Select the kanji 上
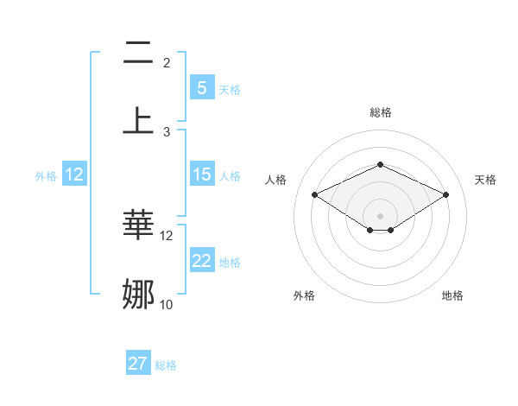(139, 120)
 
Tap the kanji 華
(139, 225)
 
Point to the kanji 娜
(139, 294)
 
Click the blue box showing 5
(201, 87)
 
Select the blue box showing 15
(201, 174)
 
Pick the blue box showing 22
(201, 261)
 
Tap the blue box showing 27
(138, 364)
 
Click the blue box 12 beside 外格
(74, 174)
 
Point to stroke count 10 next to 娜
(167, 304)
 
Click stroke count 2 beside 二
(167, 62)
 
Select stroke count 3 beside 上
(167, 131)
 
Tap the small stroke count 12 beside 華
(167, 235)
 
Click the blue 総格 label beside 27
(166, 365)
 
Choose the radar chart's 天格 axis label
(485, 180)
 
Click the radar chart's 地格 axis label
(452, 295)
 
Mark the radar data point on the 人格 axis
(314, 194)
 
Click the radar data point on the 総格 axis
(380, 164)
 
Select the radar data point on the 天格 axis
(445, 194)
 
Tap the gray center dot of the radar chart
(380, 215)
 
